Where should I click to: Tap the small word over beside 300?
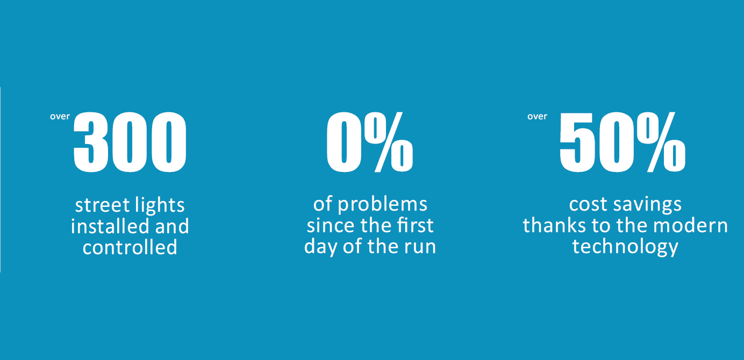point(60,116)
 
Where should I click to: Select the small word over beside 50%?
point(537,116)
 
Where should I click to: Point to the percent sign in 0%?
point(389,142)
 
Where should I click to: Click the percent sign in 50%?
point(661,142)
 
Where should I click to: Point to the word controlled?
point(130,247)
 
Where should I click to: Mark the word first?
point(415,226)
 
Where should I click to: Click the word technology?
point(625,247)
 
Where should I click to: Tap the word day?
point(321,247)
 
